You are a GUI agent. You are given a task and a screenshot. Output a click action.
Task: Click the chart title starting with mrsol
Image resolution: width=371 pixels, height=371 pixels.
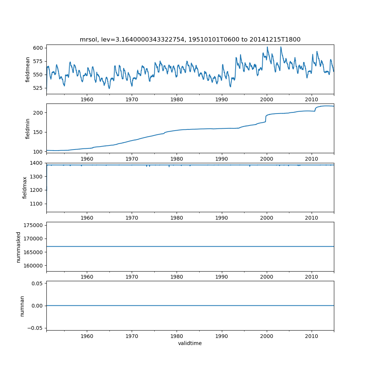[x=190, y=39]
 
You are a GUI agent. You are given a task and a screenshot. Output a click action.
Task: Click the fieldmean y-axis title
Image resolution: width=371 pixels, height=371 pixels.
[x=27, y=69]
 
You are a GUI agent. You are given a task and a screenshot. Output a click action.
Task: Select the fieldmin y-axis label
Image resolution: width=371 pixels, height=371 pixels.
[x=27, y=128]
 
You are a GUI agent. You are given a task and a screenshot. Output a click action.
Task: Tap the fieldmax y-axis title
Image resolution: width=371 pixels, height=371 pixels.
[x=25, y=187]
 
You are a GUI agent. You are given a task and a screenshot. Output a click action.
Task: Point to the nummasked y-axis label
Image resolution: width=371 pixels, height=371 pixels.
[x=19, y=247]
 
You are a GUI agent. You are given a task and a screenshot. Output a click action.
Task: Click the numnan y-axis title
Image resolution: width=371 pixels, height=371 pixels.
[x=22, y=306]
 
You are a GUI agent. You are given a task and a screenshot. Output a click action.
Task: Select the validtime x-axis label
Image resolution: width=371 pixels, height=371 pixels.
[x=190, y=344]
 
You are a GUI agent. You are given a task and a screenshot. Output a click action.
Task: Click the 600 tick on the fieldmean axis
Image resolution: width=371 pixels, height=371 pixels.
[x=39, y=48]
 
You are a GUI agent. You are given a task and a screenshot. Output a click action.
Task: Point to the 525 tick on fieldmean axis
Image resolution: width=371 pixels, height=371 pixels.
[x=39, y=88]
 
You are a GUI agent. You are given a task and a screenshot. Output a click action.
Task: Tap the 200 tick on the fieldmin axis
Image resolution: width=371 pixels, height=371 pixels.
[x=39, y=112]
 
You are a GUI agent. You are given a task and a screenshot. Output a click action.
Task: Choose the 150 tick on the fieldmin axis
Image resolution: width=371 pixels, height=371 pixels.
[x=39, y=132]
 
